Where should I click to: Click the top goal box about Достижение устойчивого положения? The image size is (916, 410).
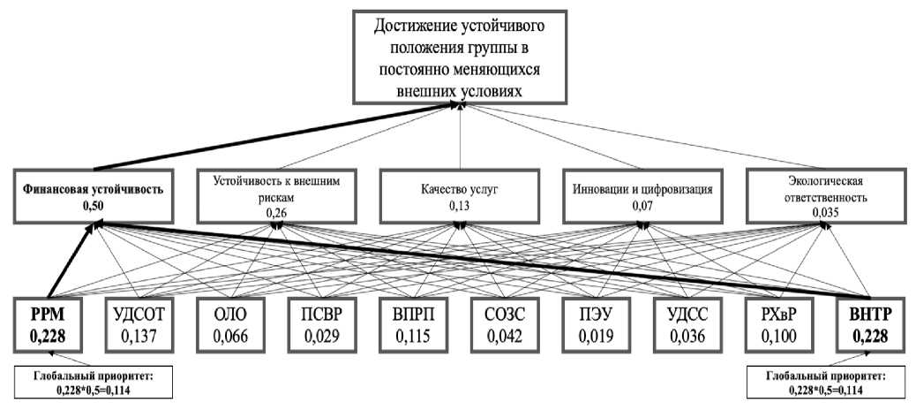tap(461, 57)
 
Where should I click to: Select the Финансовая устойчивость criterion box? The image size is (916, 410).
tap(94, 197)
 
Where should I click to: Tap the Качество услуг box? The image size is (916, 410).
tap(461, 197)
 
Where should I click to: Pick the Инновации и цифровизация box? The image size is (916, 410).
tap(642, 197)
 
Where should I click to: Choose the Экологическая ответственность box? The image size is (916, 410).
tap(825, 197)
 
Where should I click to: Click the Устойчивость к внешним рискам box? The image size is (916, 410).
tap(277, 197)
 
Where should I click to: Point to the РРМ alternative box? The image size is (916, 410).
tap(49, 324)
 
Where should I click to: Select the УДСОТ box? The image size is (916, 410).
tap(139, 324)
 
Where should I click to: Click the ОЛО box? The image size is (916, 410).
tap(230, 324)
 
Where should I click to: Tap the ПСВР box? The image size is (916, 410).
tap(322, 324)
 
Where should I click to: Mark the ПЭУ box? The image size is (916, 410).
tap(597, 324)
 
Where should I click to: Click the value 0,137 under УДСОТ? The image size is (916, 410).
tap(139, 337)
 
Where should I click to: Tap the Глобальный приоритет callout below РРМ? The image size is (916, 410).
tap(93, 383)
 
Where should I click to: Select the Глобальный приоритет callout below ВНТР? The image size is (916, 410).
tap(825, 383)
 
